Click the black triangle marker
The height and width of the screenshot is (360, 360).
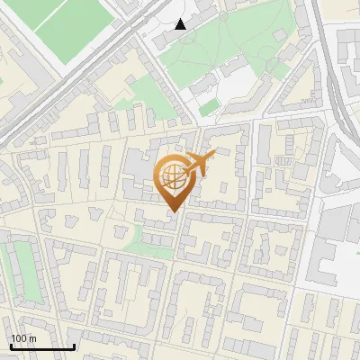(181, 24)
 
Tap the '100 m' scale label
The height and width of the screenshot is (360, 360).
(23, 338)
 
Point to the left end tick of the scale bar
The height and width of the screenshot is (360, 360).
(11, 346)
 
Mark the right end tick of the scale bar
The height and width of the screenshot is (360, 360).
(74, 346)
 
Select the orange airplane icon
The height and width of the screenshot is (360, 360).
(199, 165)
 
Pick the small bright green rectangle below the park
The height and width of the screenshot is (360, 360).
(208, 108)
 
